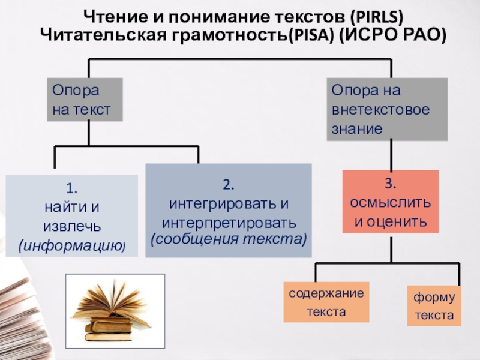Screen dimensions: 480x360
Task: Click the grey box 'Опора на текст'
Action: click(85, 100)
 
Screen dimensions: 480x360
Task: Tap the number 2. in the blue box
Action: click(228, 182)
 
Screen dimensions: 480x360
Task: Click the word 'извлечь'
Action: click(71, 227)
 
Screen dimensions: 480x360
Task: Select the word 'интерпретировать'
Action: click(229, 223)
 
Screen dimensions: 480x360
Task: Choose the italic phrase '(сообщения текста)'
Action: click(228, 239)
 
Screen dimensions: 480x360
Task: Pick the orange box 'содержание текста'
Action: click(326, 303)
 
